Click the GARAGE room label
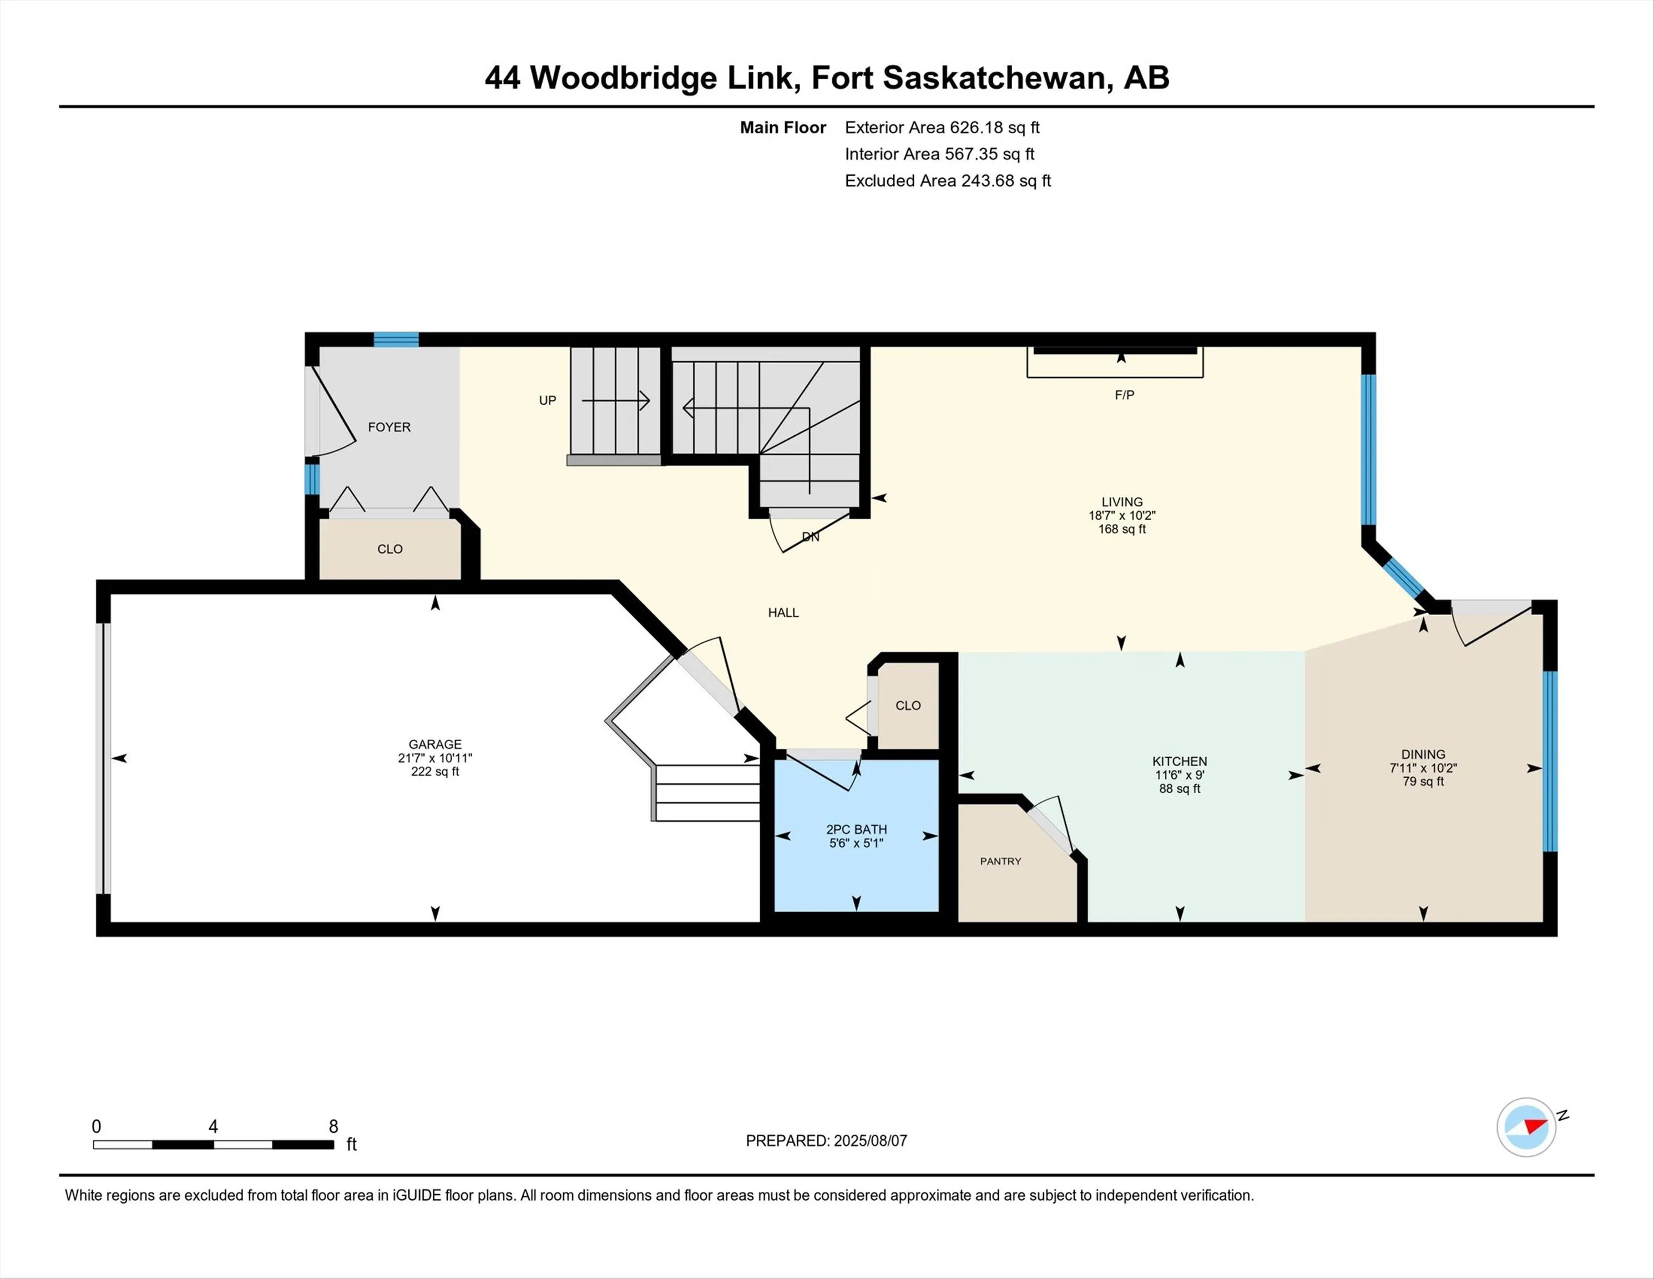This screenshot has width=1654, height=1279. pyautogui.click(x=434, y=744)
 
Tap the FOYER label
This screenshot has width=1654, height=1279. pyautogui.click(x=390, y=427)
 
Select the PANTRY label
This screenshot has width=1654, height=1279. pyautogui.click(x=1000, y=862)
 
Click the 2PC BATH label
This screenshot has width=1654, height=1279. pyautogui.click(x=857, y=830)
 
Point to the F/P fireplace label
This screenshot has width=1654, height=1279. pyautogui.click(x=1124, y=395)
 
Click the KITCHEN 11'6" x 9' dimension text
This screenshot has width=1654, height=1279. pyautogui.click(x=1179, y=775)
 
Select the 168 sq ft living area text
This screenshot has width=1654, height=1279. pyautogui.click(x=1121, y=529)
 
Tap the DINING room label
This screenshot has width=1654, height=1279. pyautogui.click(x=1423, y=754)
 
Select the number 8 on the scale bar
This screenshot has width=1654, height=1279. pyautogui.click(x=333, y=1127)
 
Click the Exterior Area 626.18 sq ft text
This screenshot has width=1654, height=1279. pyautogui.click(x=942, y=127)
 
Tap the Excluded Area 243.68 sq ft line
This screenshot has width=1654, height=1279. pyautogui.click(x=948, y=180)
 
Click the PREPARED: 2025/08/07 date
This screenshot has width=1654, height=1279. pyautogui.click(x=826, y=1140)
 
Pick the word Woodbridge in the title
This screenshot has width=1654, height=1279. pyautogui.click(x=623, y=78)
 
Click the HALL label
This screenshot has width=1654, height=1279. pyautogui.click(x=783, y=613)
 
